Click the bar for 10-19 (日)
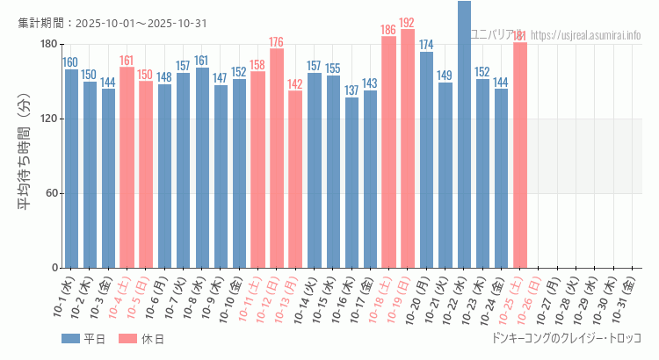[408, 149]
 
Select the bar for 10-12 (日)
[277, 158]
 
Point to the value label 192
[408, 23]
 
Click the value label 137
[351, 91]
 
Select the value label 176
[277, 42]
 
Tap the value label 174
[426, 45]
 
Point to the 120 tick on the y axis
[49, 119]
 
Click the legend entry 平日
[83, 339]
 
